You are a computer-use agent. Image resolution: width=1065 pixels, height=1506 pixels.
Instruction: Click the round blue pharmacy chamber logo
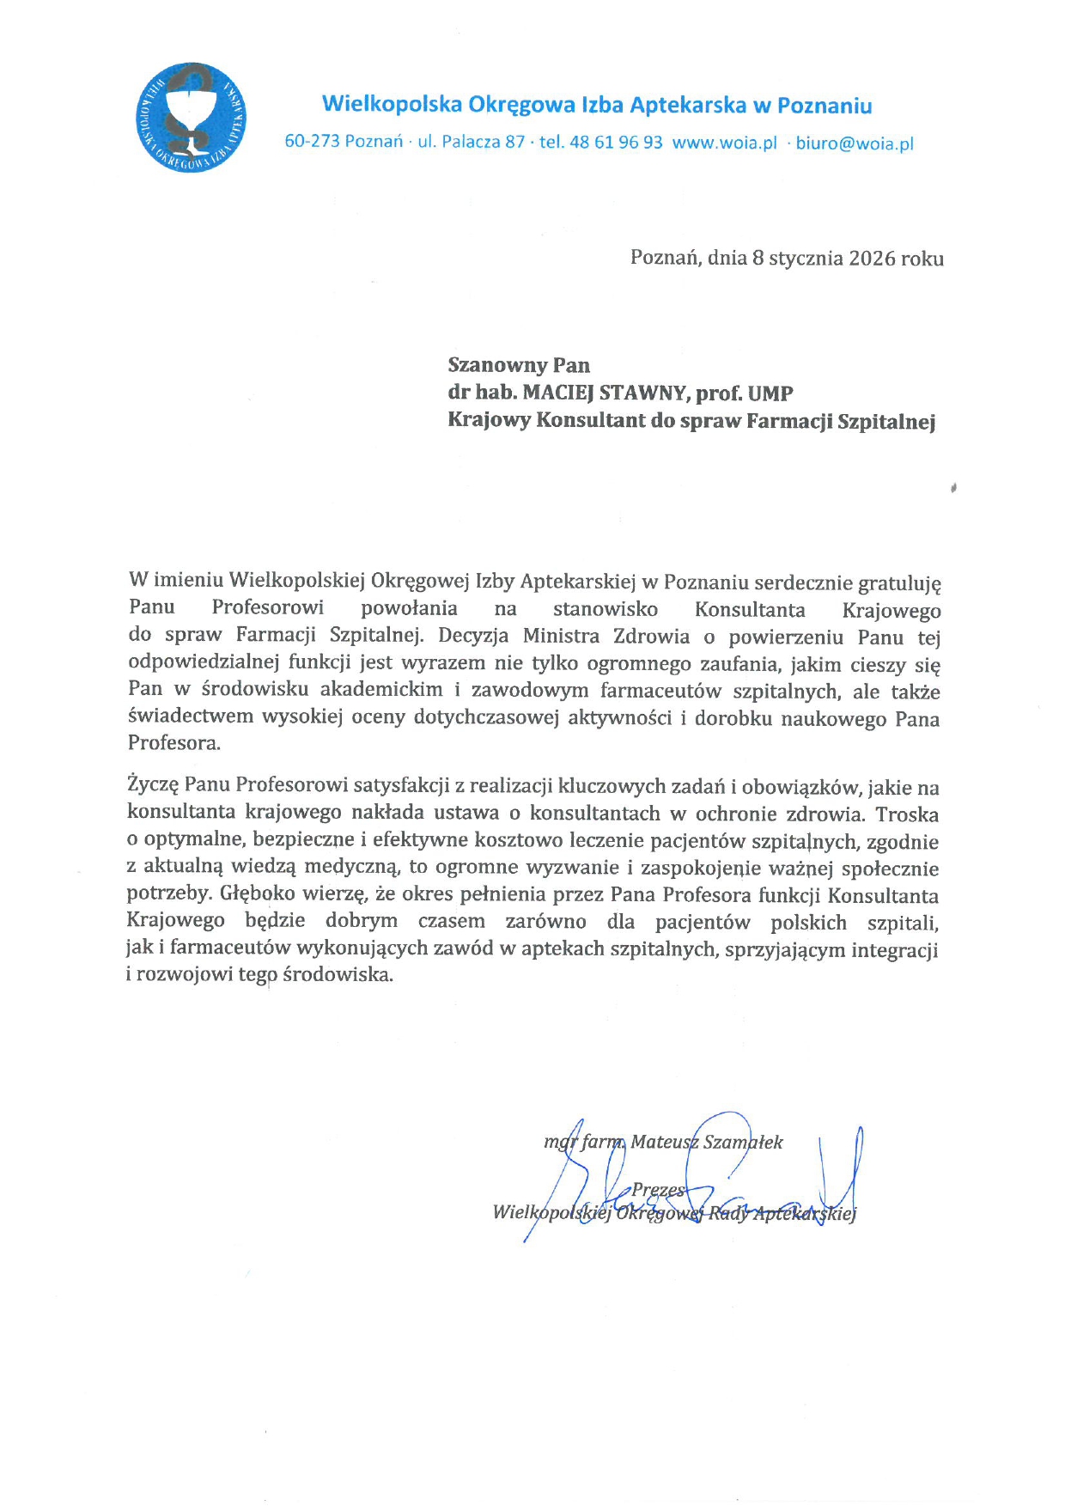point(191,117)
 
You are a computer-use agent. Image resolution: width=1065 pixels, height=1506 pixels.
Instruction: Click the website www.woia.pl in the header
point(724,143)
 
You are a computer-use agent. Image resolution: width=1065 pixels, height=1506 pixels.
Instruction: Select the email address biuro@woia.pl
point(855,143)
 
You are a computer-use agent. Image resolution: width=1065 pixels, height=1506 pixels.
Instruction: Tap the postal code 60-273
point(312,142)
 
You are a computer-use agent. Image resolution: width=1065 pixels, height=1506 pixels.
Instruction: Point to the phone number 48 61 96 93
point(616,143)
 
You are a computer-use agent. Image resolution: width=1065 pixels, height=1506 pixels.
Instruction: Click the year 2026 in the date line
point(872,259)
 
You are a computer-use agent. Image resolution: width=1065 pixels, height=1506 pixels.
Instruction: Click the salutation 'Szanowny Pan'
point(519,366)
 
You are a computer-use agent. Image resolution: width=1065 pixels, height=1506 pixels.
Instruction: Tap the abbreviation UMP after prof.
point(770,393)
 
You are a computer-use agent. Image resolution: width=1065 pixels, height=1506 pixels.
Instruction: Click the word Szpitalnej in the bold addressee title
point(885,422)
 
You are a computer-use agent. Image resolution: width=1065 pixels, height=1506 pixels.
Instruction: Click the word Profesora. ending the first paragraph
point(174,744)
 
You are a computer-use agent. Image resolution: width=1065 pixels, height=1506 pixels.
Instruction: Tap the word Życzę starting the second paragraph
point(152,785)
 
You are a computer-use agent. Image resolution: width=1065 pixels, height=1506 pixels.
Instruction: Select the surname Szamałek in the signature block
point(743,1142)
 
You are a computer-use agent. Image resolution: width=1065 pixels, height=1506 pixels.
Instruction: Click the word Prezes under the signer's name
point(659,1190)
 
